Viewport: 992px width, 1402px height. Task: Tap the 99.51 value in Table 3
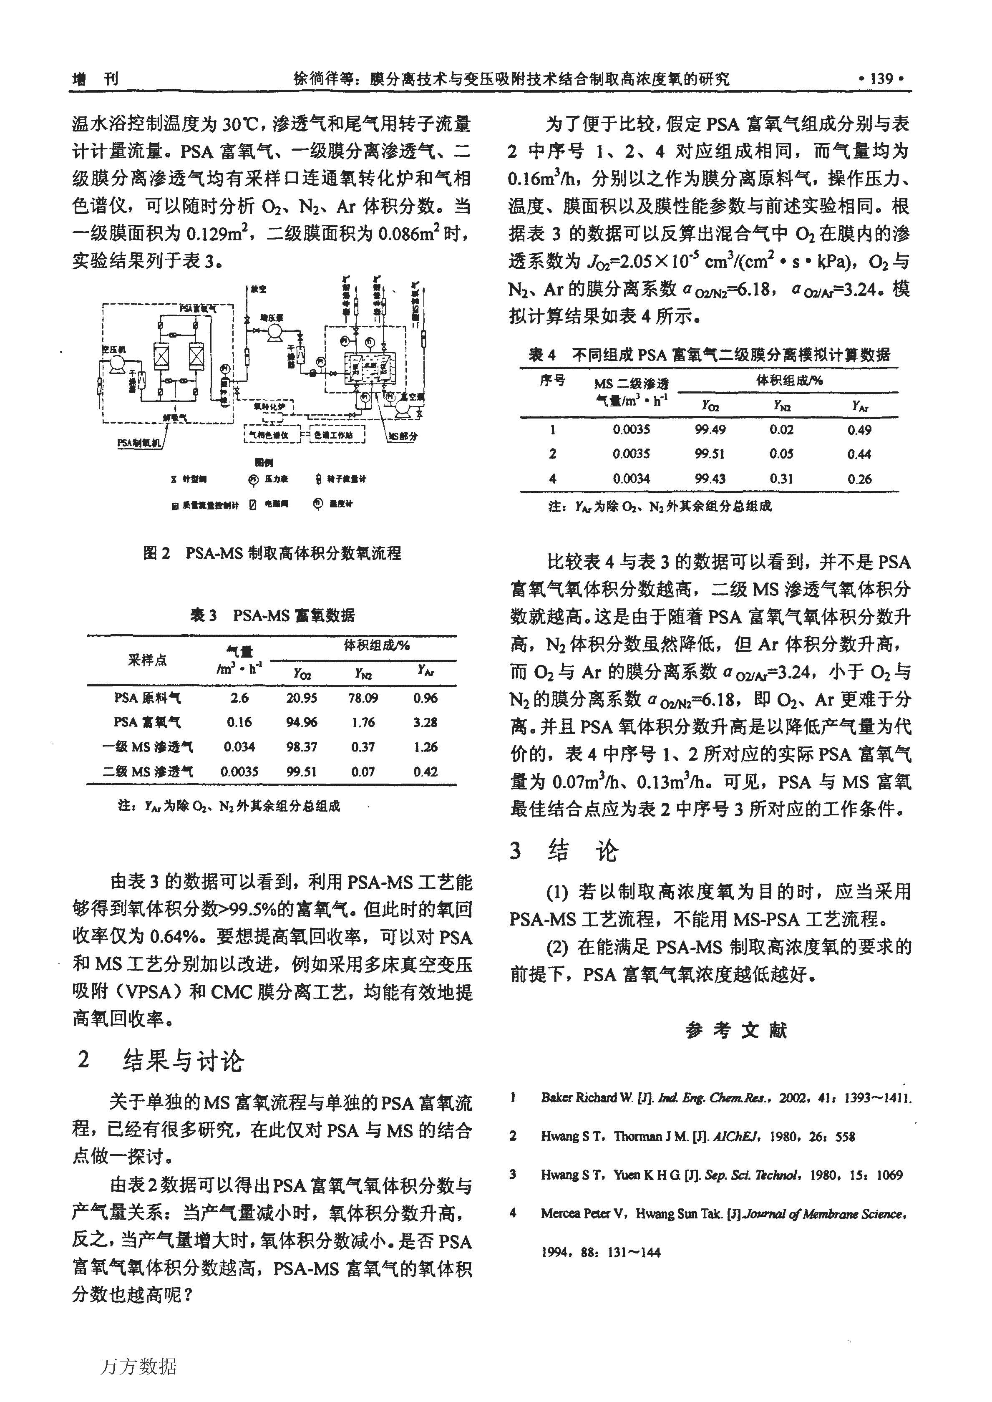302,772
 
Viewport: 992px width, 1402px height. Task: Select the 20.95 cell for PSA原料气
302,698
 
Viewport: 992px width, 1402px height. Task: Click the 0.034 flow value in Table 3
239,746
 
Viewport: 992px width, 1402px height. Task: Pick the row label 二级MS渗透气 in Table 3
147,772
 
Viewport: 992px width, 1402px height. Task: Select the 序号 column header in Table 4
552,381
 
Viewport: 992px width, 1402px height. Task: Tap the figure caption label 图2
156,553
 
